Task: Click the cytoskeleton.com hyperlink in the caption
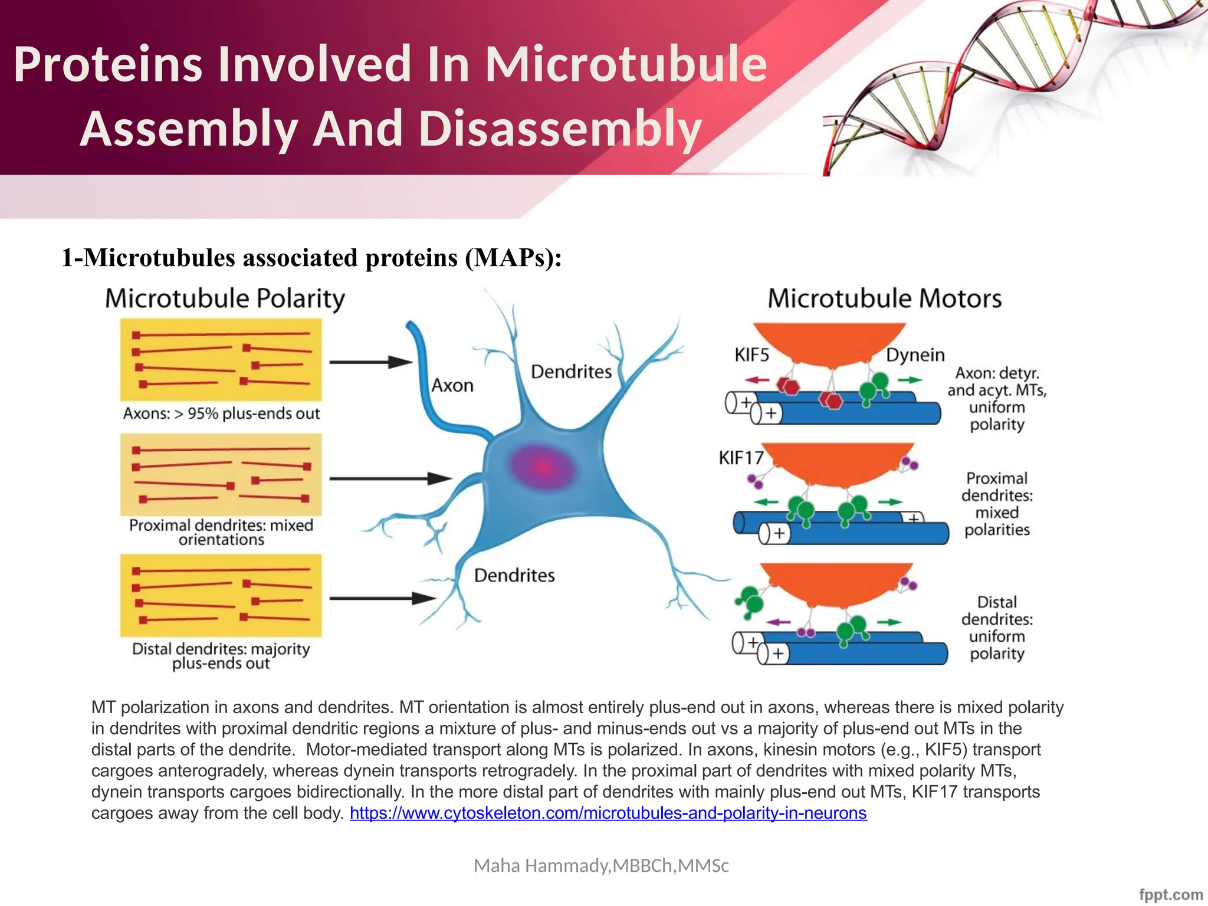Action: pyautogui.click(x=608, y=813)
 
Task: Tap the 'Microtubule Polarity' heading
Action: pyautogui.click(x=225, y=298)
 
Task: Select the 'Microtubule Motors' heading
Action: pyautogui.click(x=884, y=298)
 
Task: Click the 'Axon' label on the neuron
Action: pyautogui.click(x=452, y=386)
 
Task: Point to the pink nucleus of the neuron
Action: pyautogui.click(x=543, y=468)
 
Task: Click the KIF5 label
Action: pyautogui.click(x=751, y=355)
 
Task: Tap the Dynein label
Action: pyautogui.click(x=915, y=355)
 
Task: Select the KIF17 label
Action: pyautogui.click(x=740, y=458)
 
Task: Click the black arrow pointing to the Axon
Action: pyautogui.click(x=370, y=362)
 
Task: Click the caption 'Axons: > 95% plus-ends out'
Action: pyautogui.click(x=221, y=413)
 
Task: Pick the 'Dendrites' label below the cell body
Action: pyautogui.click(x=514, y=576)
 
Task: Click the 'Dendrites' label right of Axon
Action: pyautogui.click(x=571, y=372)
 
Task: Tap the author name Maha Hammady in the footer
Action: pyautogui.click(x=601, y=865)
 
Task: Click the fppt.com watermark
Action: pyautogui.click(x=1170, y=894)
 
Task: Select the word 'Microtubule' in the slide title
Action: pyautogui.click(x=625, y=64)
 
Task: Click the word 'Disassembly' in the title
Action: pyautogui.click(x=560, y=129)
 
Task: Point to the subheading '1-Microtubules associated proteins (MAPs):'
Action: pyautogui.click(x=311, y=258)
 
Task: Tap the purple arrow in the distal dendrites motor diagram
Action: pyautogui.click(x=778, y=622)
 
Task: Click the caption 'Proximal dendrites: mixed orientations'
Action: pyautogui.click(x=221, y=532)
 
